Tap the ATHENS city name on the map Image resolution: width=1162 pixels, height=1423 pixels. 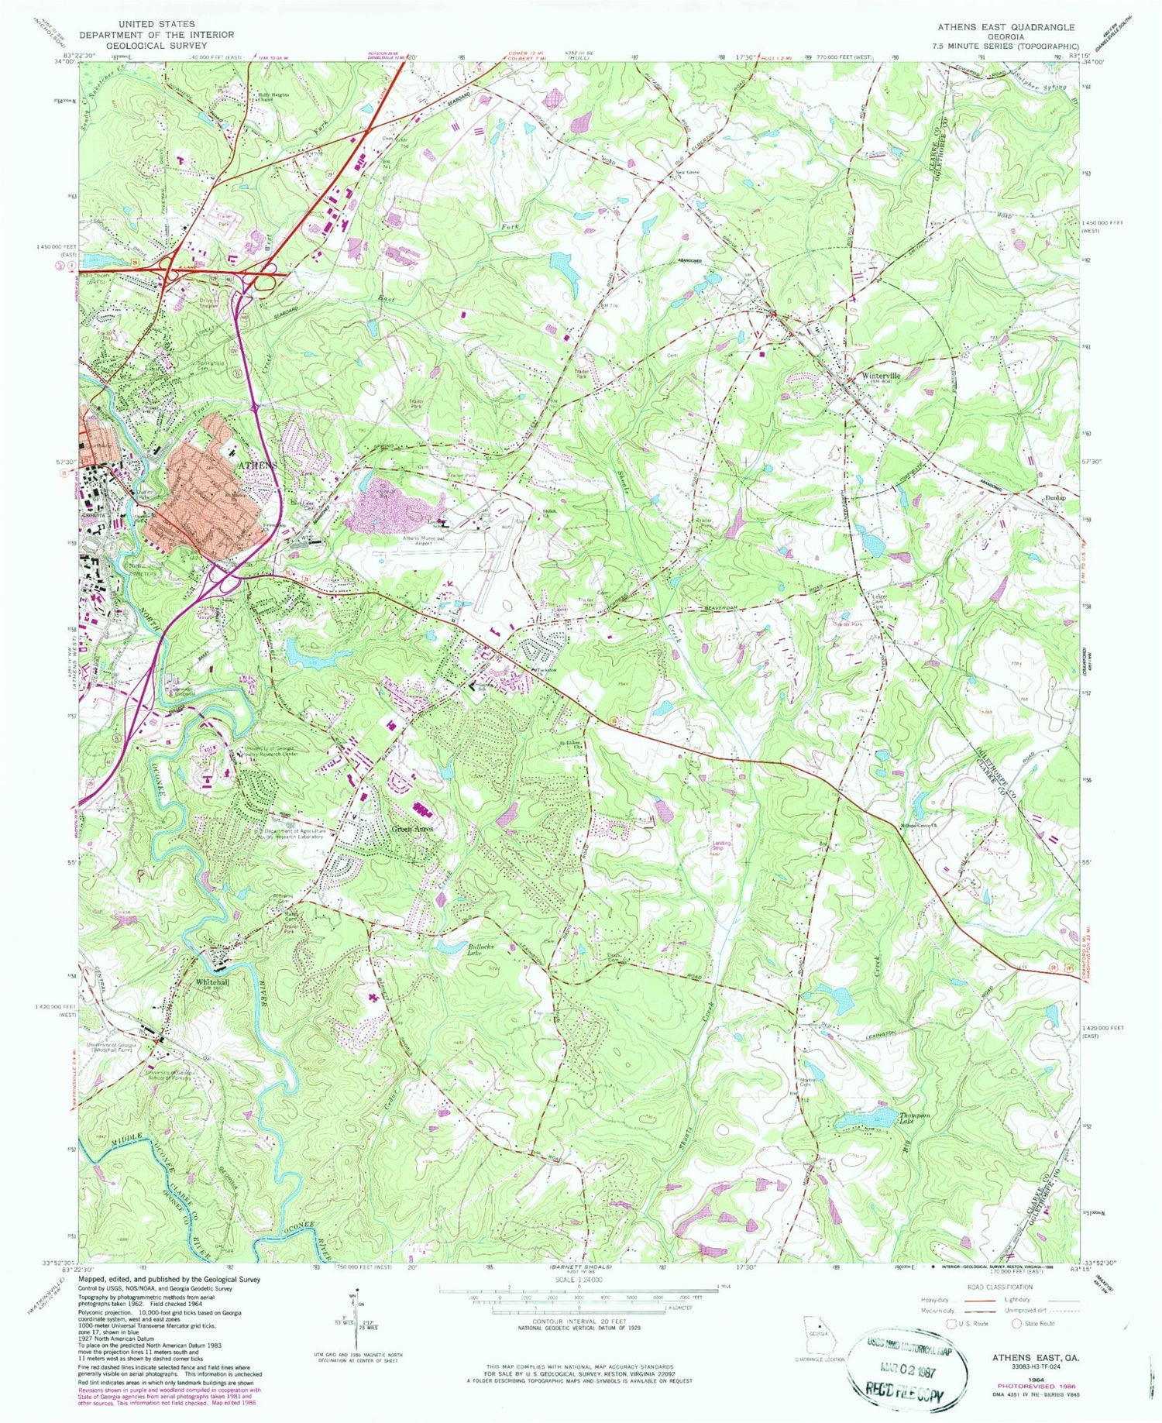click(256, 464)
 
